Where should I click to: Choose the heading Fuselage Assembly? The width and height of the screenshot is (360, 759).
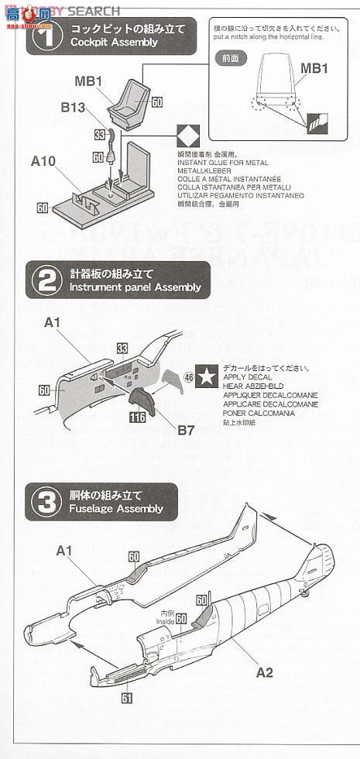click(116, 509)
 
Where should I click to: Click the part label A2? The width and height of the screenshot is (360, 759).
click(265, 672)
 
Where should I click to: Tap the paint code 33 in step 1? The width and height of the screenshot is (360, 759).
click(98, 134)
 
